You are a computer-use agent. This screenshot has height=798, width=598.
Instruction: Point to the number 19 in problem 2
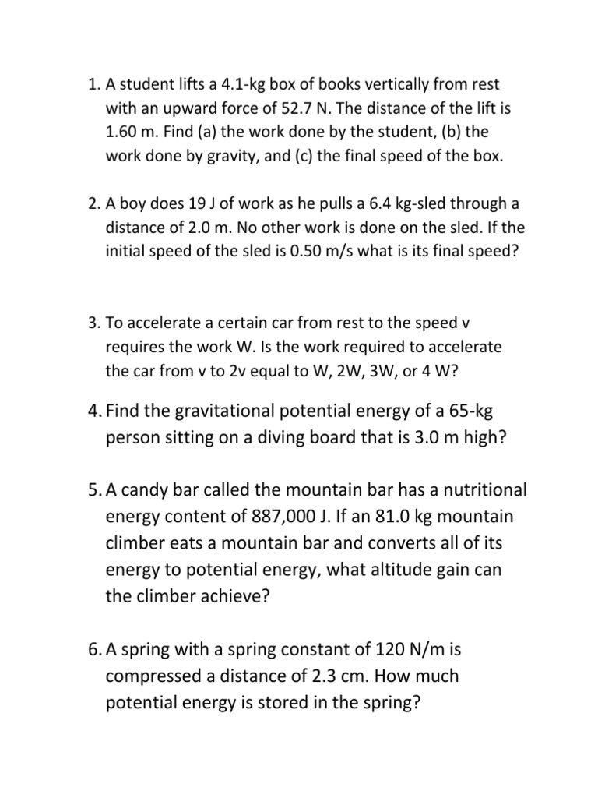(x=197, y=204)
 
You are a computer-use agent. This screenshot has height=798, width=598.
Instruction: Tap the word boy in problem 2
(x=132, y=204)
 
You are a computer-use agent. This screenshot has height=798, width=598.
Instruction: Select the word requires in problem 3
(x=135, y=347)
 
